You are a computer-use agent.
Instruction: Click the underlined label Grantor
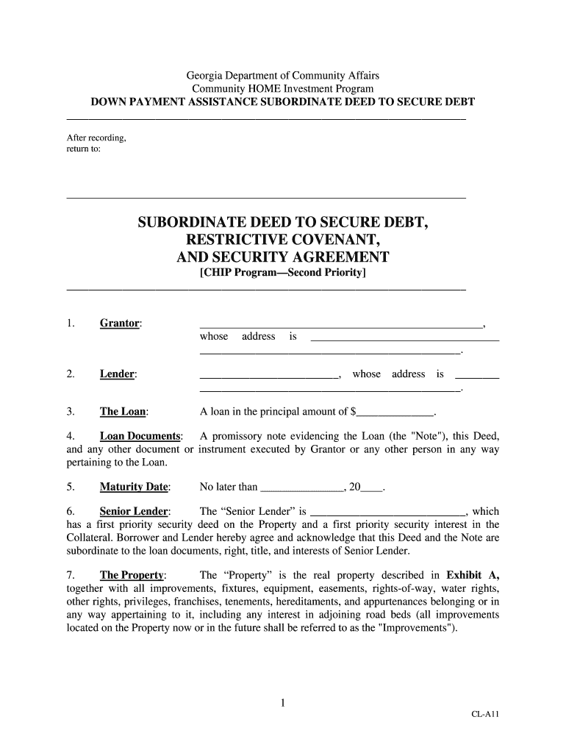[x=121, y=324]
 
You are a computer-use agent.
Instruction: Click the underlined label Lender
[x=118, y=374]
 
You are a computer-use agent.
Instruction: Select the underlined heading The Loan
[x=123, y=412]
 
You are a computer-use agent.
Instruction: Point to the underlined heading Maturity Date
[x=135, y=487]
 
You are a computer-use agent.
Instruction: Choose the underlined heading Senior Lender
[x=135, y=511]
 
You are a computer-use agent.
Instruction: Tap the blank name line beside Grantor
[x=341, y=324]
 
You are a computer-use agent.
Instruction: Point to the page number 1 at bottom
[x=282, y=704]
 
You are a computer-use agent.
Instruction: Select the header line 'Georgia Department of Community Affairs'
[x=282, y=76]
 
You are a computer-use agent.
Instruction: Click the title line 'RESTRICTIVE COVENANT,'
[x=283, y=240]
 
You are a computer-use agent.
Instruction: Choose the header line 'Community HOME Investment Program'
[x=282, y=88]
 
